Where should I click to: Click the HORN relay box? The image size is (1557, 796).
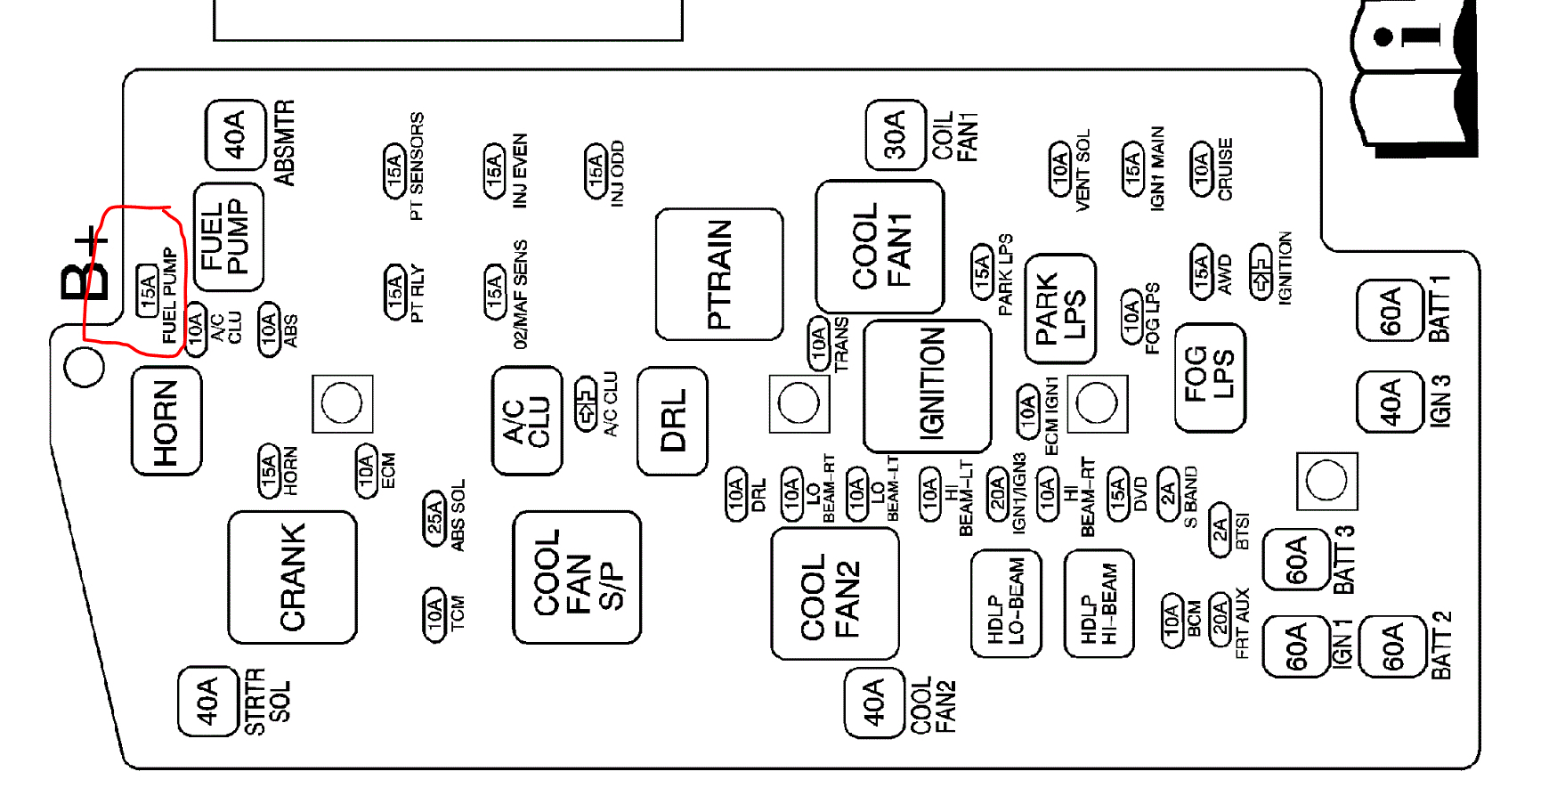(x=166, y=421)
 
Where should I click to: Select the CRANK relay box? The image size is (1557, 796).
(x=292, y=577)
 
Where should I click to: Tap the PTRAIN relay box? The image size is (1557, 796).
(x=719, y=274)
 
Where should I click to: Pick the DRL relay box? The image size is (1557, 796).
(x=673, y=420)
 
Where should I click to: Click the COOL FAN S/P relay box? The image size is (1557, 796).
(x=577, y=577)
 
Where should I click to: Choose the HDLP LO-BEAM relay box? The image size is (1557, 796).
(x=1006, y=604)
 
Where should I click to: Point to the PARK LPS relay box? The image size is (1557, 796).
(x=1060, y=308)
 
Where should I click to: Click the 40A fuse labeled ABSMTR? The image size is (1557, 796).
(x=235, y=134)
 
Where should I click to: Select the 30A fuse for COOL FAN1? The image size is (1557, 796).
(x=895, y=134)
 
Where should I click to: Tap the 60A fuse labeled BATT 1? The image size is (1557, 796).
(x=1389, y=311)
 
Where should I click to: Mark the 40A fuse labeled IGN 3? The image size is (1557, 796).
(x=1389, y=402)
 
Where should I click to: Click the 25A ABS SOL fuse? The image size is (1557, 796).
(x=434, y=517)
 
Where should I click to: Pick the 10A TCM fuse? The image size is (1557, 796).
(x=434, y=613)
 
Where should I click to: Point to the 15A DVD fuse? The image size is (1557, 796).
(x=1117, y=494)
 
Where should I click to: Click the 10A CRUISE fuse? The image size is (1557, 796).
(x=1202, y=168)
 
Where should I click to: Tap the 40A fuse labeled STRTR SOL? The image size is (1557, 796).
(x=207, y=702)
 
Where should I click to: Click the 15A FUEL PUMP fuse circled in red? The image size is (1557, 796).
(x=148, y=290)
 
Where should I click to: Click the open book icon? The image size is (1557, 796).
(x=1413, y=80)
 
